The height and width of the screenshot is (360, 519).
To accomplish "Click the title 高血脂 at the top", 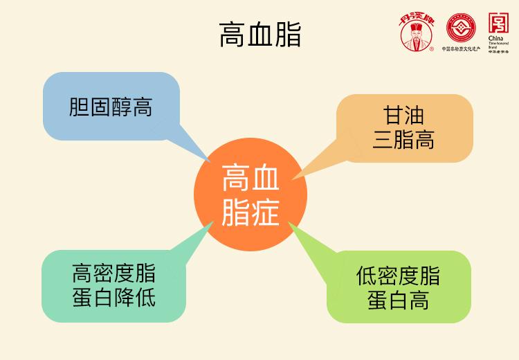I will pyautogui.click(x=259, y=33).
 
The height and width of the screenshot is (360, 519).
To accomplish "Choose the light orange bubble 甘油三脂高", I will pyautogui.click(x=403, y=128).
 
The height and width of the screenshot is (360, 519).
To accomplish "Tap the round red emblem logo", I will pyautogui.click(x=462, y=28).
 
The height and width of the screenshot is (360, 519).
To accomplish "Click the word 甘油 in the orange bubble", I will pyautogui.click(x=403, y=115).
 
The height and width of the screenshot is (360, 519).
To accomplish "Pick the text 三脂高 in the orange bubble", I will pyautogui.click(x=403, y=141).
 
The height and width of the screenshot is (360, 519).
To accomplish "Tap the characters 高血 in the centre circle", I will pyautogui.click(x=250, y=180).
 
